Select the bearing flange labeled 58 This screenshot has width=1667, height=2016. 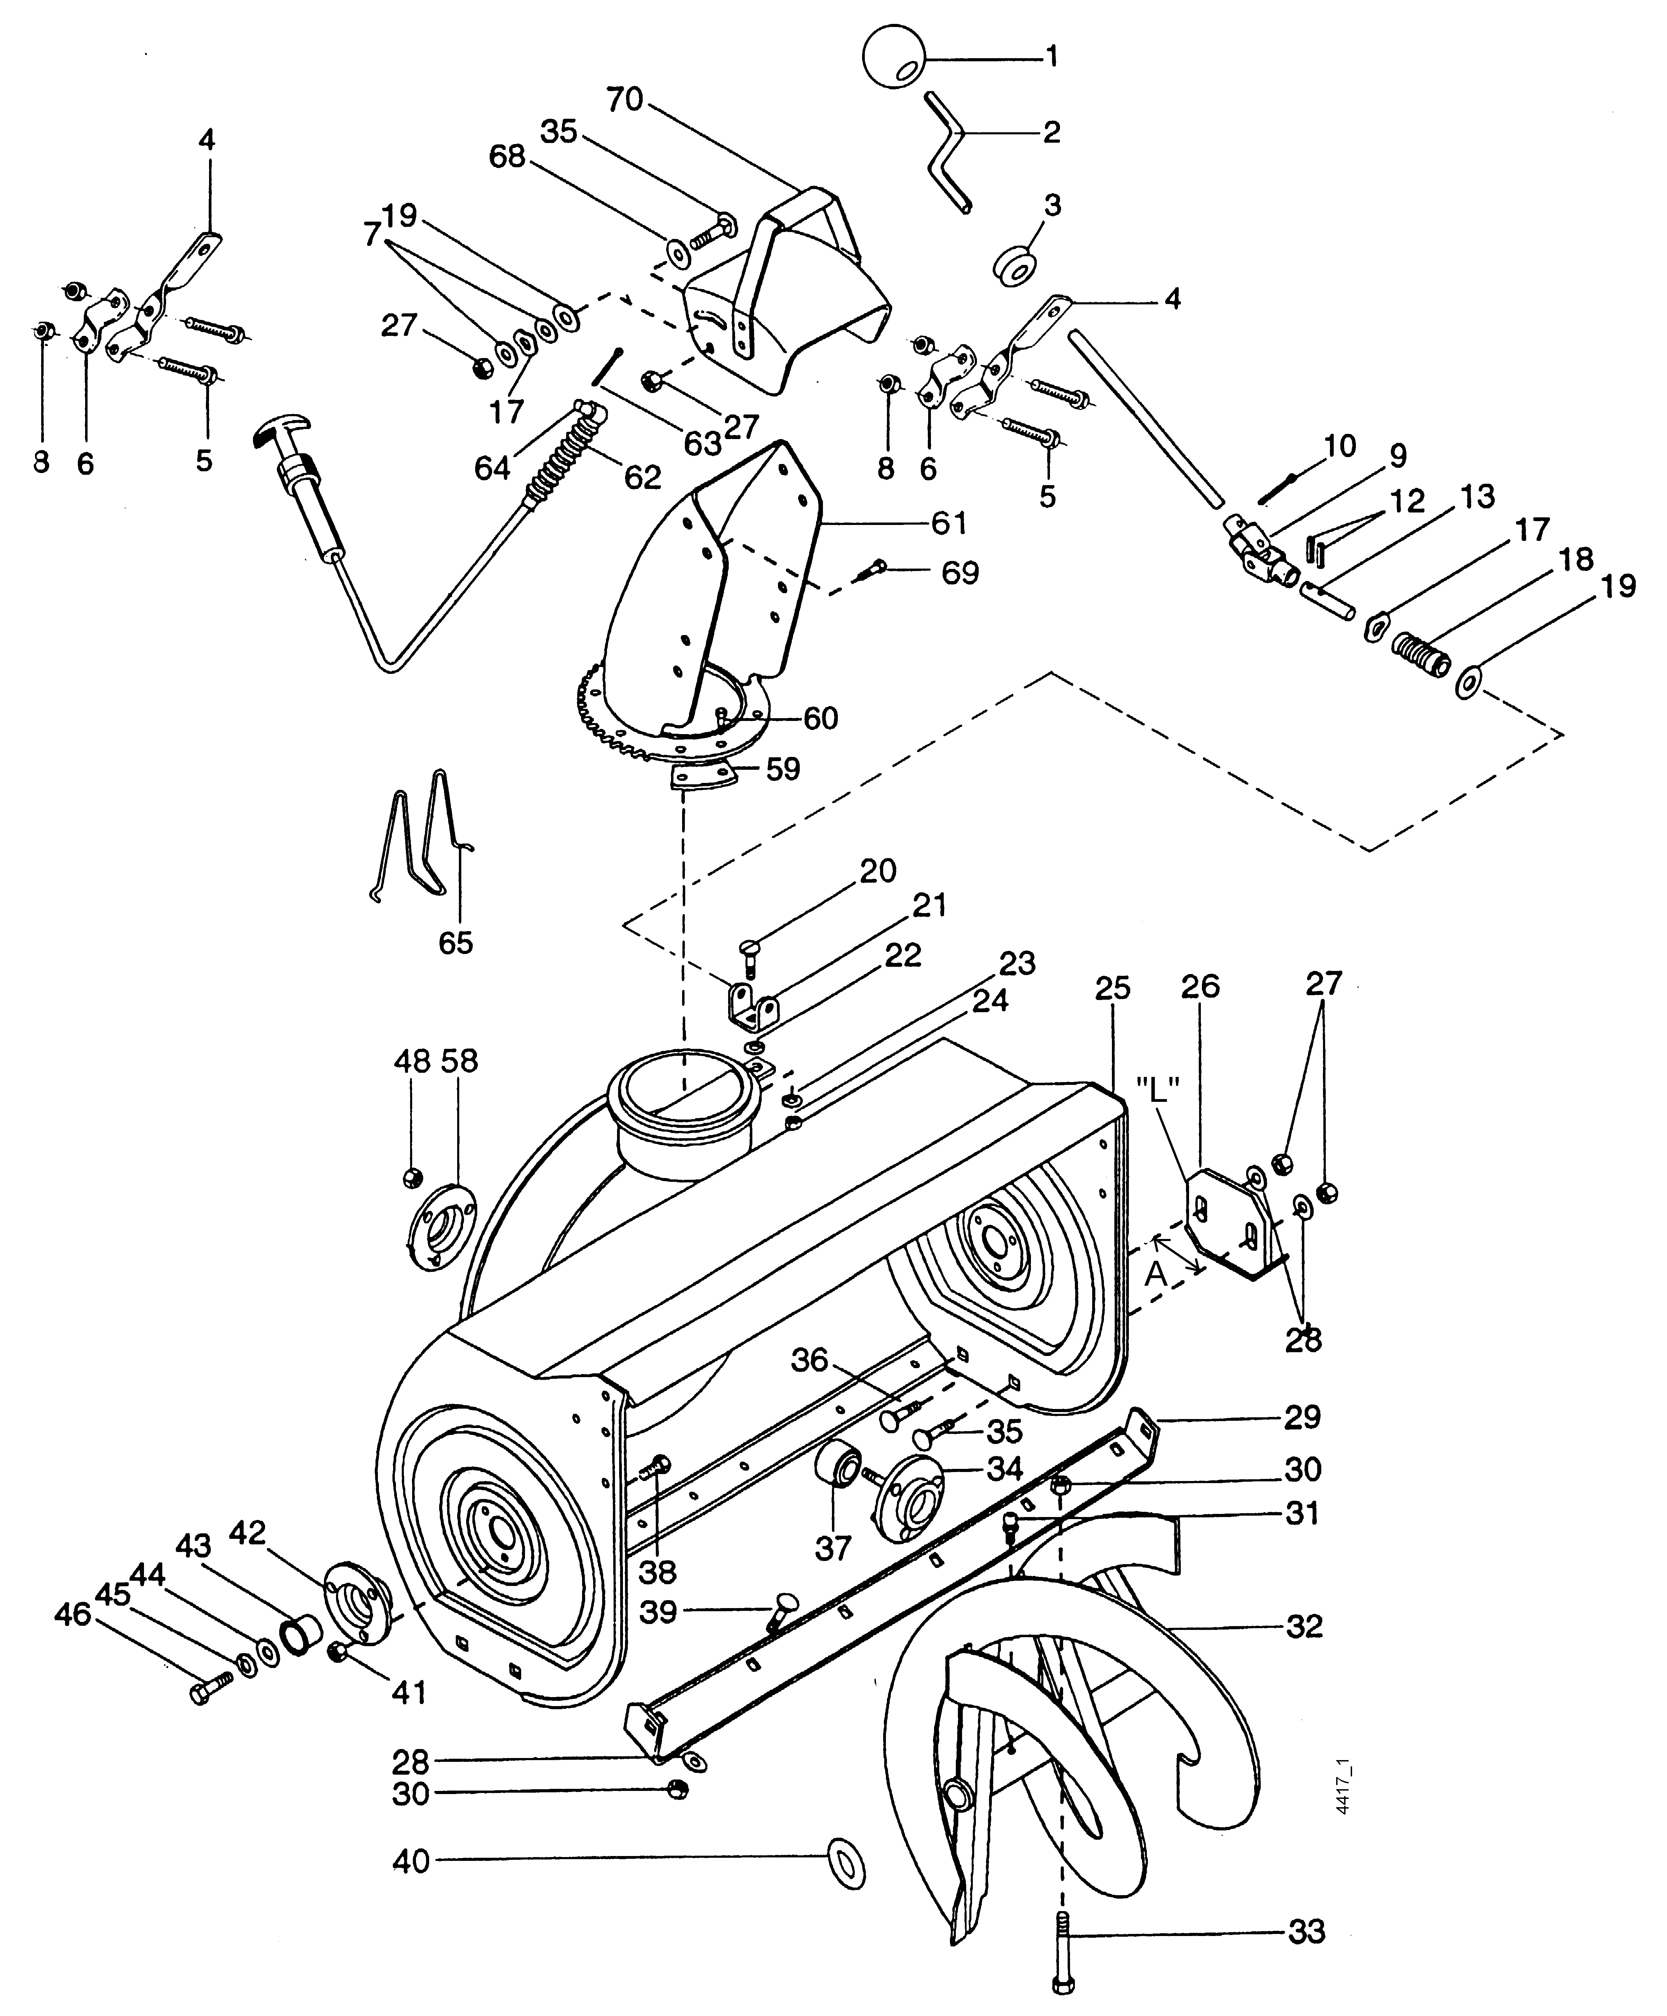click(x=440, y=1228)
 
